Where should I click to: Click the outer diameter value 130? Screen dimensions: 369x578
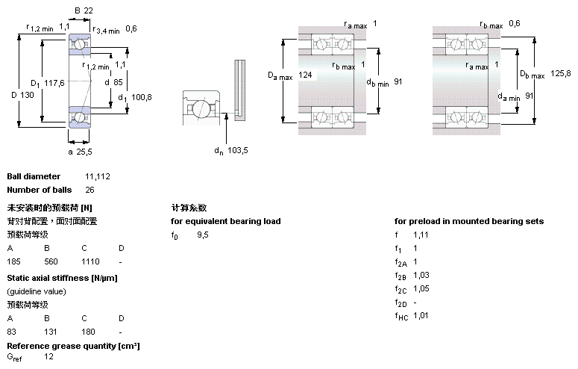[x=28, y=95]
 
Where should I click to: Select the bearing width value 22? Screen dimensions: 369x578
[x=88, y=10]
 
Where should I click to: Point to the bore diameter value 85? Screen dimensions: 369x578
[x=118, y=81]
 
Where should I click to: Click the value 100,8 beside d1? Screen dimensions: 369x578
[x=142, y=97]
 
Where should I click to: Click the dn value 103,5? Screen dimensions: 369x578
[x=239, y=151]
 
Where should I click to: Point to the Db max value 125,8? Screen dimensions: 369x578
[x=560, y=73]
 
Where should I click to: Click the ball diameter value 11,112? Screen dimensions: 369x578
[x=98, y=176]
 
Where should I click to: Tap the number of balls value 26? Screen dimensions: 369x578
[x=89, y=190]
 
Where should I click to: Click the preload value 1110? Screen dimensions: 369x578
[x=90, y=262]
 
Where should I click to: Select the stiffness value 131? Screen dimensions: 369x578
[x=51, y=332]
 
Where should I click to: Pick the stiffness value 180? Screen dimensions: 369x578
[x=88, y=332]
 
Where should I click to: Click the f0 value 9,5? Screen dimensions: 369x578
[x=202, y=235]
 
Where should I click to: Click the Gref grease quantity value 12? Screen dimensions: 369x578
[x=49, y=357]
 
